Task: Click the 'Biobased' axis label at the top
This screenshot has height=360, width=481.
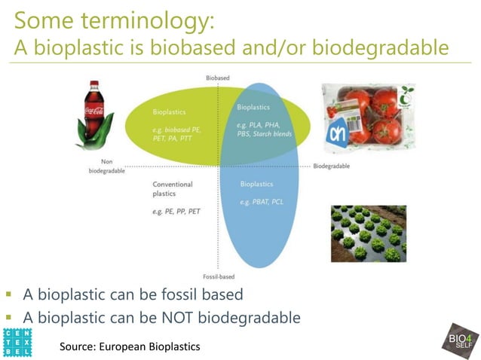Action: pos(218,78)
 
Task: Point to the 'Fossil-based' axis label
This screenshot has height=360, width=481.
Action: pos(218,276)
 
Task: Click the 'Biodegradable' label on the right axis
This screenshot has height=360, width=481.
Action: pos(332,166)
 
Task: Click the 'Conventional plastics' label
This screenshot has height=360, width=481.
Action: pos(173,188)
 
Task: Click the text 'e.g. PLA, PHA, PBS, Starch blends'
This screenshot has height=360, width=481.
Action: pos(263,130)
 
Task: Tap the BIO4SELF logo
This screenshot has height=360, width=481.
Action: pos(458,343)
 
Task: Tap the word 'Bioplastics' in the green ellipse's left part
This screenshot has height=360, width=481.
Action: pos(169,112)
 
